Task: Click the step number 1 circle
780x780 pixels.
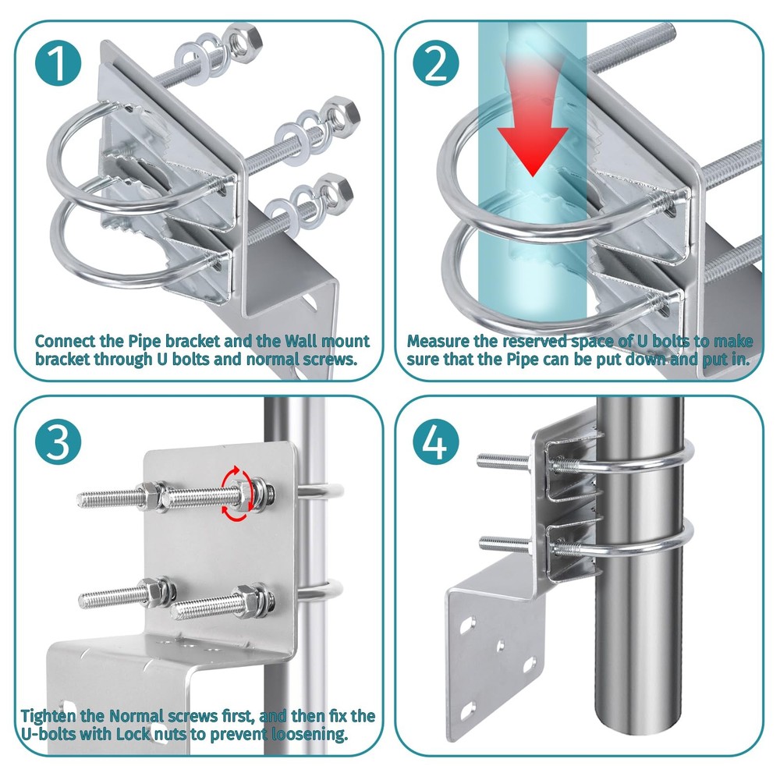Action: click(58, 63)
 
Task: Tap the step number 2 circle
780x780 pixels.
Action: click(436, 63)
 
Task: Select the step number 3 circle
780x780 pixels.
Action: click(58, 441)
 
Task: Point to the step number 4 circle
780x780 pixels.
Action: click(436, 441)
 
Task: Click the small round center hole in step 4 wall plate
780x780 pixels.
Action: click(501, 645)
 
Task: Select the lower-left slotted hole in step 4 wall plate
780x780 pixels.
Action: click(467, 710)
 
